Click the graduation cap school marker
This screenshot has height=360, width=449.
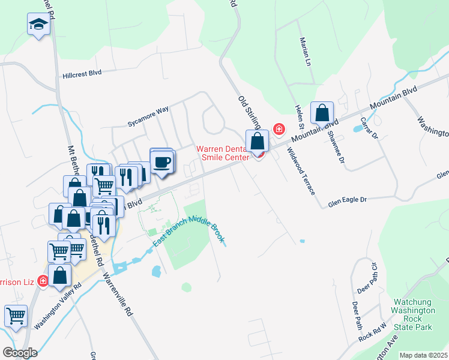click(x=38, y=25)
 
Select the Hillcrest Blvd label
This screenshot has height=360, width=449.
click(x=82, y=74)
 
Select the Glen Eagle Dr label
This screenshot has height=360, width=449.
click(x=348, y=202)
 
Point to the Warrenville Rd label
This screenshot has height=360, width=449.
click(x=118, y=295)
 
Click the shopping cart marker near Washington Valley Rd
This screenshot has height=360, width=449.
click(x=16, y=315)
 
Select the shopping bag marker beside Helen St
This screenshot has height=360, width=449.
click(x=322, y=112)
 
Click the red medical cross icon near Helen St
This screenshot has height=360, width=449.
click(x=279, y=128)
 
